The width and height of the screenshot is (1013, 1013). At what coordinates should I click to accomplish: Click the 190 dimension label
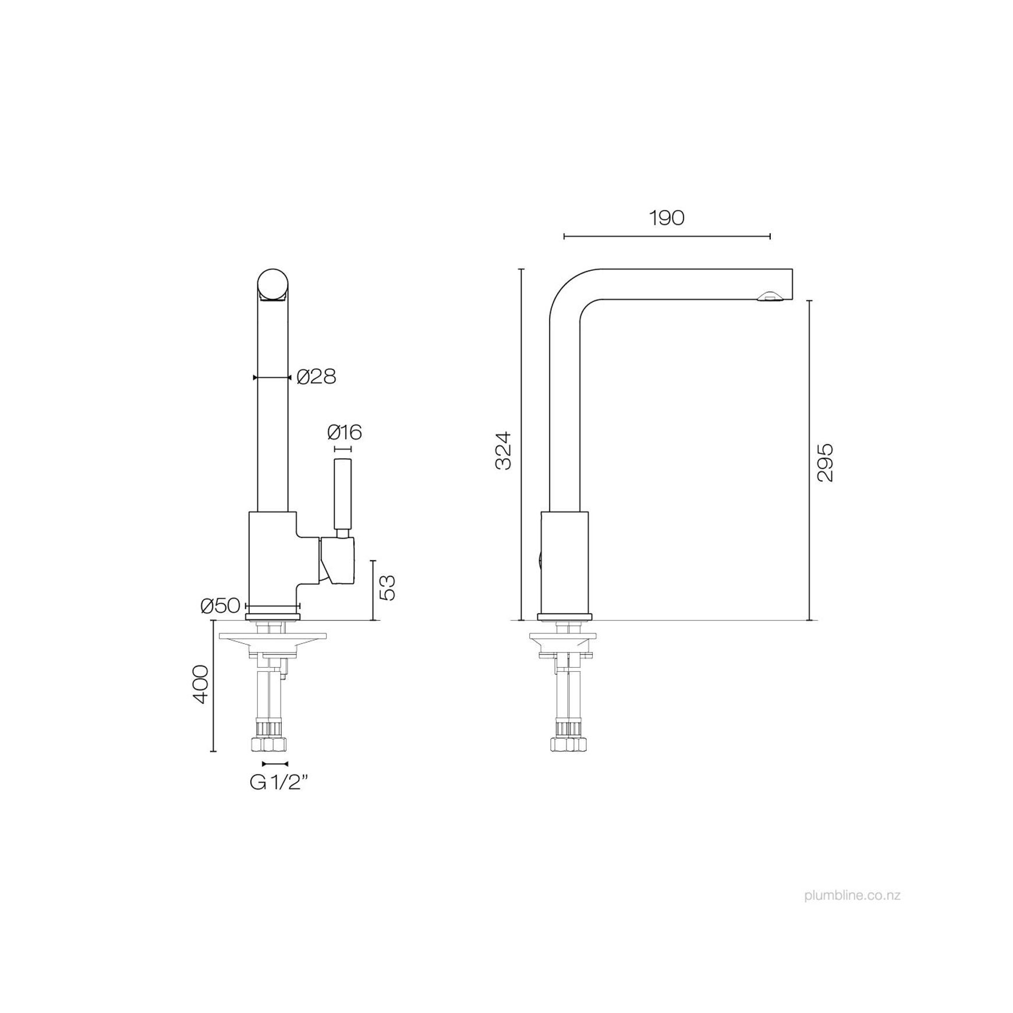(667, 218)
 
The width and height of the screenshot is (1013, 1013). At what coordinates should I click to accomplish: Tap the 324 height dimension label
(502, 451)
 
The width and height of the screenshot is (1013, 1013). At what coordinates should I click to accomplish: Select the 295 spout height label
(825, 462)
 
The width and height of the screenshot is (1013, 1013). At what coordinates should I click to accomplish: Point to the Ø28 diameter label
(316, 377)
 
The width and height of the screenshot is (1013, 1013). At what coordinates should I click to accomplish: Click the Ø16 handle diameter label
(344, 432)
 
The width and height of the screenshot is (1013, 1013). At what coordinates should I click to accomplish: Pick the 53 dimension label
(387, 587)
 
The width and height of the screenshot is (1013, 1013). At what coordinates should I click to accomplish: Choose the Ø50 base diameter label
(220, 606)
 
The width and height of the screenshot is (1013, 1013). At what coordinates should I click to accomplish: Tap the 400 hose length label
(200, 684)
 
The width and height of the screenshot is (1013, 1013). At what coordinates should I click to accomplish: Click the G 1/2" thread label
(278, 782)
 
